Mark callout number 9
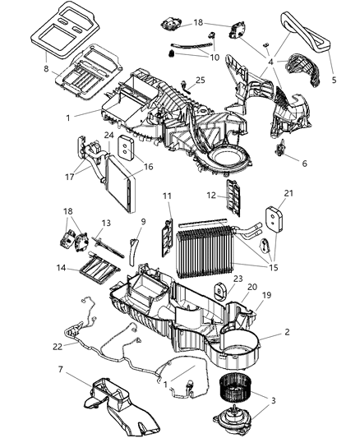143,221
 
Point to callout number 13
106,222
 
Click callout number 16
148,166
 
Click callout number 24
108,136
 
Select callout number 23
239,279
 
